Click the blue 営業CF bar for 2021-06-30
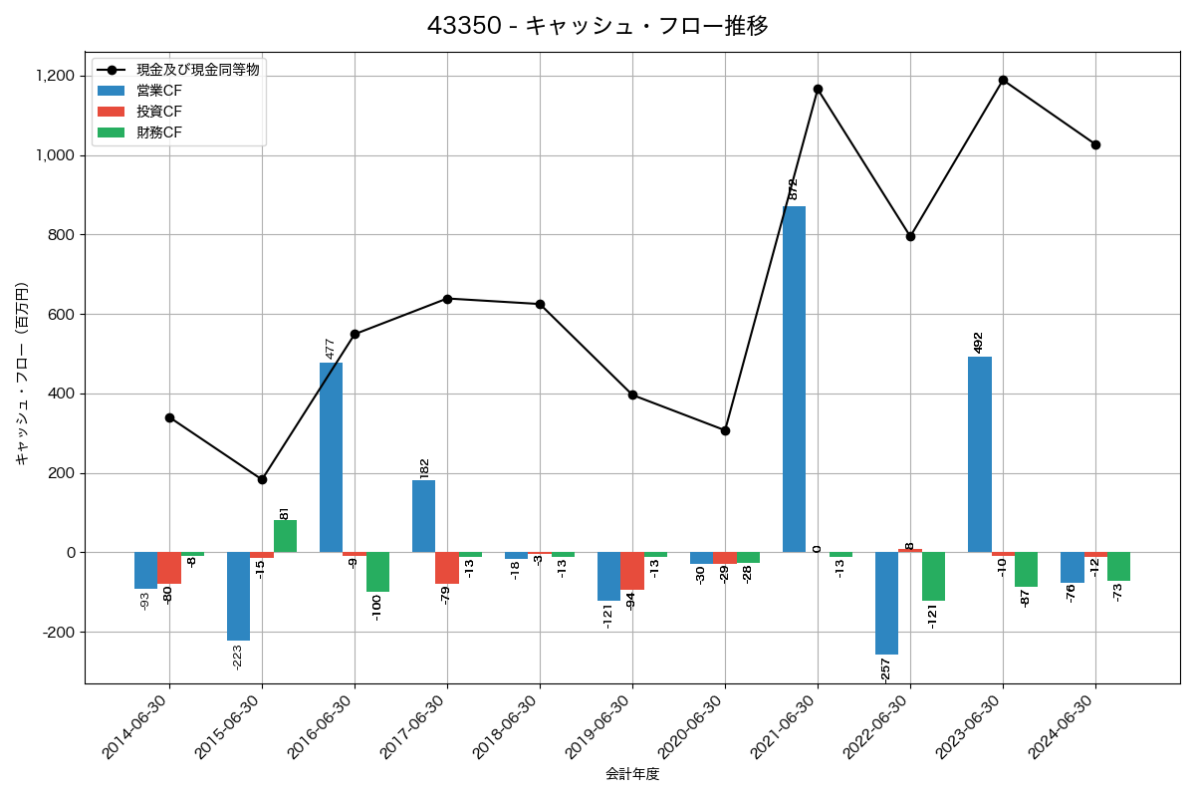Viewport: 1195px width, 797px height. point(794,379)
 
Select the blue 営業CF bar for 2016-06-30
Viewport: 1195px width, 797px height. point(331,457)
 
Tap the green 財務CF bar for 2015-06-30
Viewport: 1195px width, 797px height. point(285,536)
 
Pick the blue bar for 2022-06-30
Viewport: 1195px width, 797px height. point(886,603)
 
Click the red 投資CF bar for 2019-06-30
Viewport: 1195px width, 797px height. point(632,571)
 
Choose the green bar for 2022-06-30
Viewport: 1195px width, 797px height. point(933,576)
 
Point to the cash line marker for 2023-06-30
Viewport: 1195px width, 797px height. point(1003,80)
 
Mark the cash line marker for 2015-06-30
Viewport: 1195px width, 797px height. point(262,479)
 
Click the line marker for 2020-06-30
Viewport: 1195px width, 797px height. point(725,430)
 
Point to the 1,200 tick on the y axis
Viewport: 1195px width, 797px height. point(56,76)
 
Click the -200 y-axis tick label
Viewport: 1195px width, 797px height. point(58,633)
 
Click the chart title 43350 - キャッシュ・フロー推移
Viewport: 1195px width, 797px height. point(597,26)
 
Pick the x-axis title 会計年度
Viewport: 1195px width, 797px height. point(632,774)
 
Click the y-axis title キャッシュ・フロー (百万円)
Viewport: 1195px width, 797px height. point(21,374)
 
